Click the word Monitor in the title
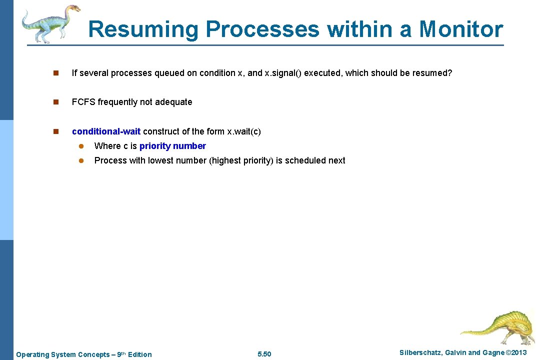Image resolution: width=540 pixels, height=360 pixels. pos(460,29)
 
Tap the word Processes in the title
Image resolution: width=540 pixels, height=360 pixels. pos(262,29)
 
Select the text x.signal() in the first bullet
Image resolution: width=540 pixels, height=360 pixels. pos(283,73)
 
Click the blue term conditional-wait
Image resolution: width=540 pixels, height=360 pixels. pos(106,131)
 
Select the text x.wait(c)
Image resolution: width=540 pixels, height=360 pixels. pos(244,131)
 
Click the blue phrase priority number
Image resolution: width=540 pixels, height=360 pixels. pos(172,146)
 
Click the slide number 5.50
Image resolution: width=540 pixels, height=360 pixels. pos(264,354)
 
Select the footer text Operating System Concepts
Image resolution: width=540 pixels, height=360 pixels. pos(62,354)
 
